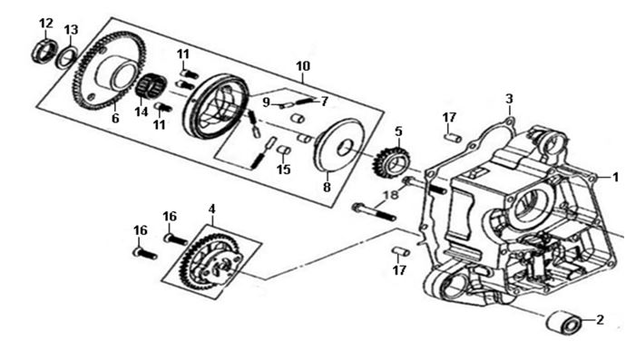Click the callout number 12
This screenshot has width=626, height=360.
click(x=46, y=24)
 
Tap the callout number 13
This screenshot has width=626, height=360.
click(x=71, y=30)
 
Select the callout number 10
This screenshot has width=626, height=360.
click(x=303, y=66)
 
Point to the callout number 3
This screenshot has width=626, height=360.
click(x=509, y=99)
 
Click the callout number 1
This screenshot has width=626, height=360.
click(x=615, y=177)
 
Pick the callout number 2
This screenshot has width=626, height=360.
click(x=600, y=320)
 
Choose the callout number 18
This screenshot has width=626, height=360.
click(x=391, y=195)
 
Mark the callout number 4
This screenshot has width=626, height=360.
click(x=211, y=209)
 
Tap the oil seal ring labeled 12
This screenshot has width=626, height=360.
click(x=43, y=51)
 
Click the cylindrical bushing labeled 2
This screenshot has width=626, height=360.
click(x=562, y=321)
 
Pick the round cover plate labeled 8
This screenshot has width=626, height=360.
click(x=339, y=145)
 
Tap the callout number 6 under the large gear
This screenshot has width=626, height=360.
click(x=115, y=119)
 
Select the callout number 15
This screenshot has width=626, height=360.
click(x=283, y=170)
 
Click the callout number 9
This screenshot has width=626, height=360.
click(x=267, y=102)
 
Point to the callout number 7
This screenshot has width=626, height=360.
click(x=324, y=102)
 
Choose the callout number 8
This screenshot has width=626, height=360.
click(x=327, y=187)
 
